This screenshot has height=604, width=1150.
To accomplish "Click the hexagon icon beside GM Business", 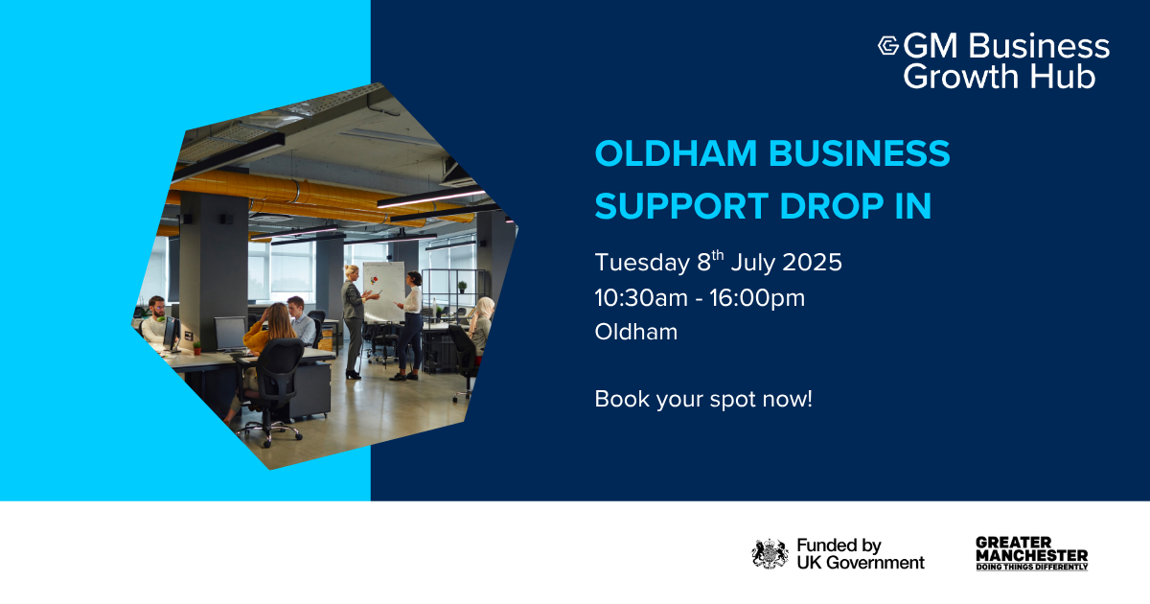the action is pos(888,45).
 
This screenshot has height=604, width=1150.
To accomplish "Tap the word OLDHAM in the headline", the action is pos(677,153).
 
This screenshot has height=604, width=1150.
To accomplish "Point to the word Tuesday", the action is pos(642,263).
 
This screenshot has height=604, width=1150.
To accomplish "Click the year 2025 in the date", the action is pos(813,262).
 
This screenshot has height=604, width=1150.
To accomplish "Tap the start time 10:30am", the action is pos(641,298).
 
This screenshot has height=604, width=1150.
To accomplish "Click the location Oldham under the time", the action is pos(636,332).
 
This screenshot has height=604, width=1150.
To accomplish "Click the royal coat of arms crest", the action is pos(770,554).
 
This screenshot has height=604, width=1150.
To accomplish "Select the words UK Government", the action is pos(861,563).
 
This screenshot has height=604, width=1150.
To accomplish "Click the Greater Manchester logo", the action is pos(1032,554).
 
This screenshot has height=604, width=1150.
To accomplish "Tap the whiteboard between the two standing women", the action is pos(384,290).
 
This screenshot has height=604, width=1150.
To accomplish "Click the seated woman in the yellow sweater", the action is pos(269,349).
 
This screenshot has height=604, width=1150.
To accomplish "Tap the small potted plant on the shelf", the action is pos(462,287).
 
